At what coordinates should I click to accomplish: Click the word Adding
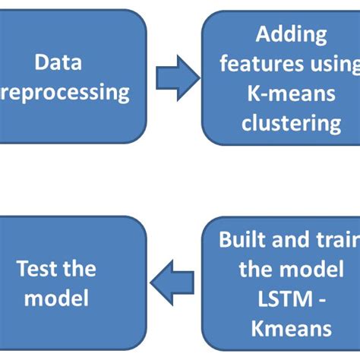click(x=291, y=34)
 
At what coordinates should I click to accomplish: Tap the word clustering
click(x=291, y=122)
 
